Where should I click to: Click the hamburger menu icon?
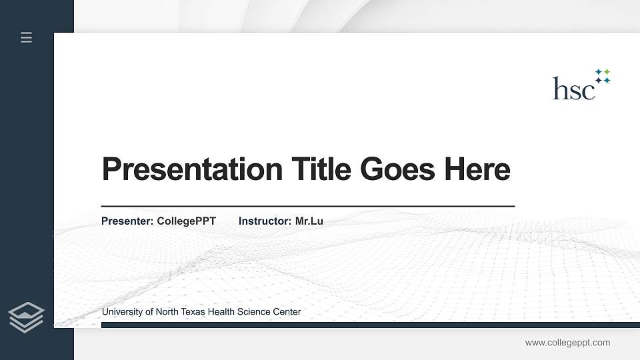tap(27, 37)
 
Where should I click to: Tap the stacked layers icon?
tap(26, 317)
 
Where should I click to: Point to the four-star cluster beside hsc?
tap(603, 76)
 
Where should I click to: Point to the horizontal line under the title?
tap(307, 207)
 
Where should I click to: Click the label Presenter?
tap(127, 221)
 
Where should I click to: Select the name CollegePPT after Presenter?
tap(186, 221)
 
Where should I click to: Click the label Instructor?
tap(265, 221)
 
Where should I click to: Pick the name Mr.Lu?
tap(309, 221)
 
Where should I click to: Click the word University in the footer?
tap(123, 312)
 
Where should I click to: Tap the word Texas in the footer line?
tap(193, 312)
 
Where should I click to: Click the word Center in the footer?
tap(287, 312)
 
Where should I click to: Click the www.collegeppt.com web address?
tap(567, 343)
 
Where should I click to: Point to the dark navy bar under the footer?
tap(367, 325)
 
